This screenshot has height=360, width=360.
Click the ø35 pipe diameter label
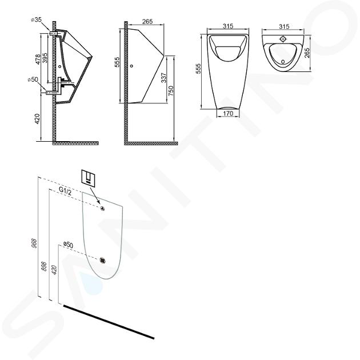click(36, 20)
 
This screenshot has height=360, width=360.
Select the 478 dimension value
click(38, 59)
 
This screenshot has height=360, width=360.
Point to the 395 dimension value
click(45, 58)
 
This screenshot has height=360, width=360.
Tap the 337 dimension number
click(164, 78)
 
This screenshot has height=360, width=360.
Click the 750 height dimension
click(171, 91)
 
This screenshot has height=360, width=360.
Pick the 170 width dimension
click(228, 113)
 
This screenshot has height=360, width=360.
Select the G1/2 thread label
click(65, 191)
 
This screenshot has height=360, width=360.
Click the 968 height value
click(34, 243)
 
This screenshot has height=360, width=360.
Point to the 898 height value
click(45, 266)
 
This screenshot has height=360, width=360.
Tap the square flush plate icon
click(89, 177)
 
